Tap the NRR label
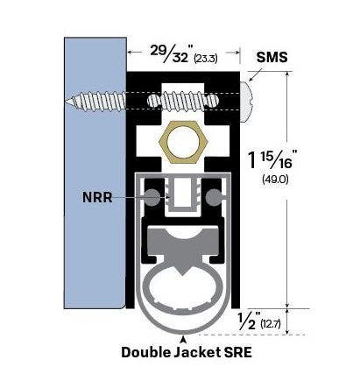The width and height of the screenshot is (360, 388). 98,198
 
